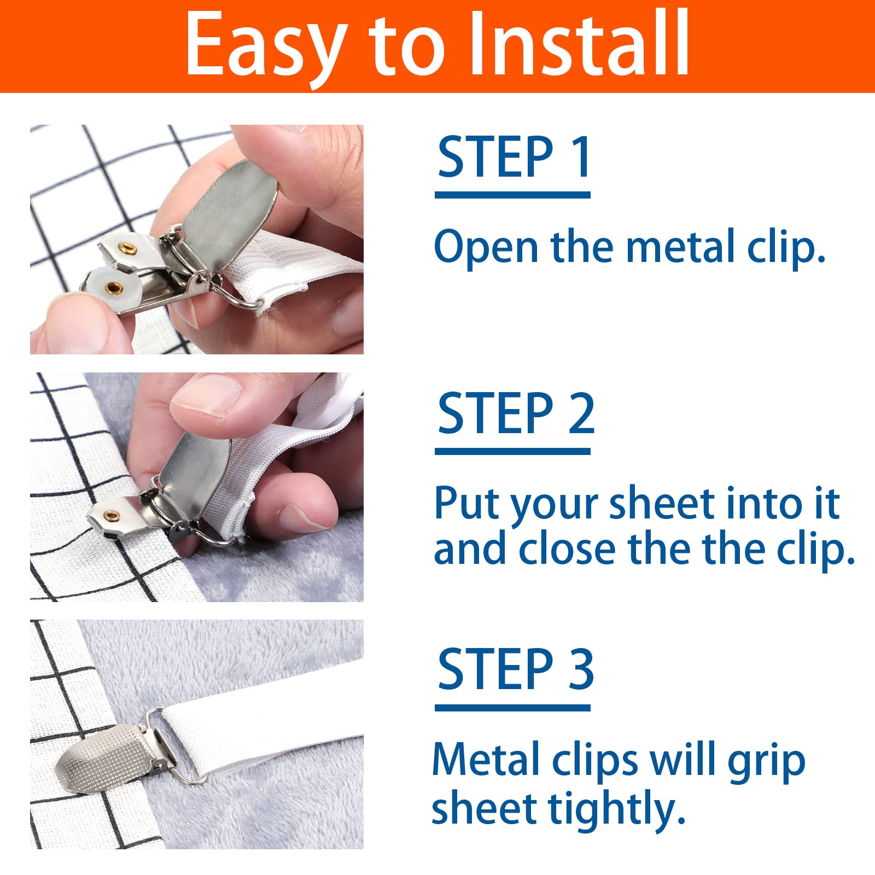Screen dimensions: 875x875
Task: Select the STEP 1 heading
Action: (x=514, y=157)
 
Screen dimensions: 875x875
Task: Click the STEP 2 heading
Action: (x=516, y=413)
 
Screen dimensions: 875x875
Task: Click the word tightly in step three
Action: (x=617, y=809)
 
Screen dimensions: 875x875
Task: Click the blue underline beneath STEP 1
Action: (x=513, y=195)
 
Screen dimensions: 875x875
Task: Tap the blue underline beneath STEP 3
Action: (x=513, y=708)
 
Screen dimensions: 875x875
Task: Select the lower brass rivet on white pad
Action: (x=114, y=287)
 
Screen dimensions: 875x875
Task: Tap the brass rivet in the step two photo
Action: (x=113, y=515)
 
